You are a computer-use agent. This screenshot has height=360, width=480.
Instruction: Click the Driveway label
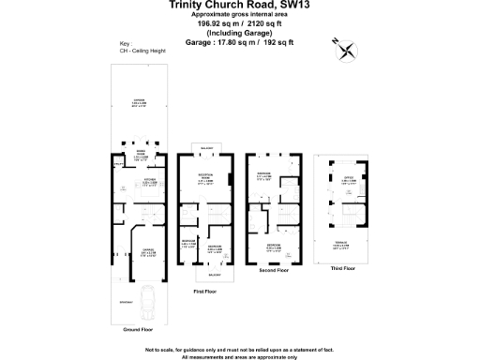pos(126,301)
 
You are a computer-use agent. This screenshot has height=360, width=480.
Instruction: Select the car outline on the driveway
pos(149,301)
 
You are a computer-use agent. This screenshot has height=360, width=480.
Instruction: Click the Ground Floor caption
pos(139,330)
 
